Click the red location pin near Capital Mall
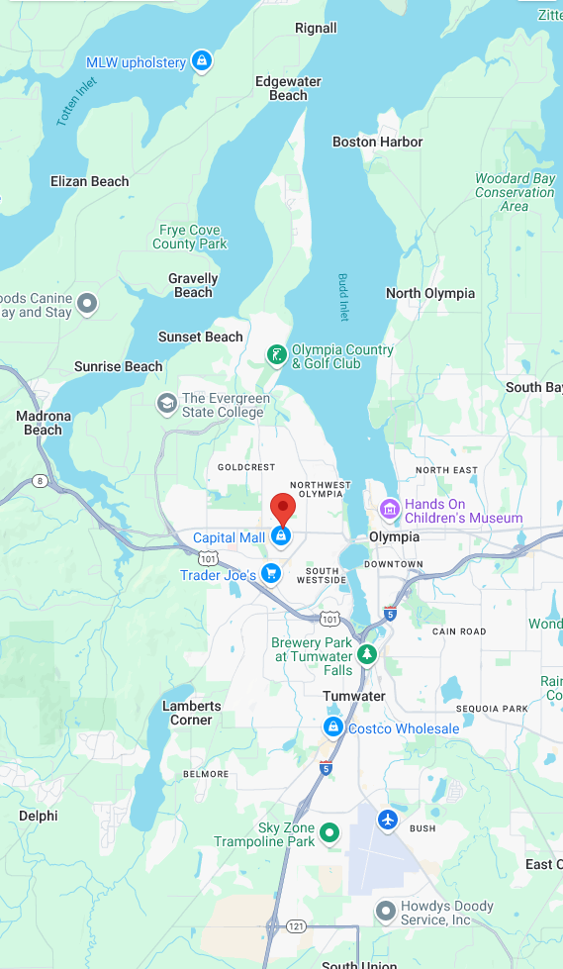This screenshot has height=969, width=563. coord(283,508)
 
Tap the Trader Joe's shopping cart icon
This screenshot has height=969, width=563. coord(271,574)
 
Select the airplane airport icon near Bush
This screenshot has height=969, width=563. coord(388,820)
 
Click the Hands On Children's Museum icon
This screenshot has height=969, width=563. coord(390,510)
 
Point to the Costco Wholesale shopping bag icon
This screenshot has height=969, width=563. coord(333,728)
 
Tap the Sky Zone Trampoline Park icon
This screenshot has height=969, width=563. coord(330,834)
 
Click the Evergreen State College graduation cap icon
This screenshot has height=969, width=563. coord(167,404)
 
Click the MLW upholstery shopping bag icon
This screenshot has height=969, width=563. coord(202,61)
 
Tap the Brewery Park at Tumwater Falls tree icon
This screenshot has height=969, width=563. coord(367,654)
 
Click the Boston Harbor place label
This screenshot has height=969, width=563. coord(377,142)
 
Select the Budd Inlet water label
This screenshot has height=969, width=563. coord(343,297)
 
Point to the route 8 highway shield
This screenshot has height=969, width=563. coord(40,481)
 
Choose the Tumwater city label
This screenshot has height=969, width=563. coord(353,696)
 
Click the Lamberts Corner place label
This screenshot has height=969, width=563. coord(191,713)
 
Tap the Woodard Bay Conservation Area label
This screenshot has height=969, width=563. coord(515,192)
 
